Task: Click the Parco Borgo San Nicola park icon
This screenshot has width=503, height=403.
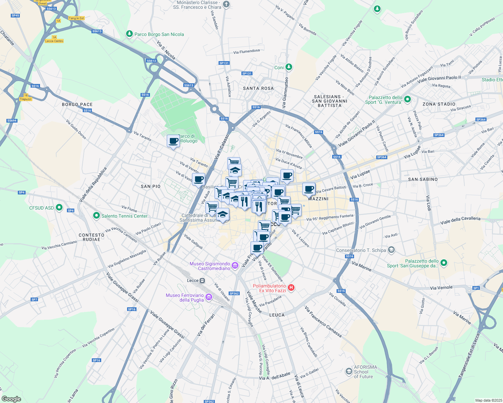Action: coord(129,34)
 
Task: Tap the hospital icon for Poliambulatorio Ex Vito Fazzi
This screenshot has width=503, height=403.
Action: coord(291,288)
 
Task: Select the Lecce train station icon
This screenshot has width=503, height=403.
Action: coord(202,280)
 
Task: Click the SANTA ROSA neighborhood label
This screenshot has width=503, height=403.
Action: coord(258,88)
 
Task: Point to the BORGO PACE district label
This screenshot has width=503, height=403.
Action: coord(77,104)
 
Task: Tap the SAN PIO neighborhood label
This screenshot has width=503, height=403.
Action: coord(151,186)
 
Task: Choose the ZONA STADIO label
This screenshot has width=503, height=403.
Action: coord(439,104)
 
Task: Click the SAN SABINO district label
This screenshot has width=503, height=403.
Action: coord(423,179)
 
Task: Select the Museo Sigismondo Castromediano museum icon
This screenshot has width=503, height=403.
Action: coord(235,266)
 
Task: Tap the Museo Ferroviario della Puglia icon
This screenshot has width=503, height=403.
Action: coord(209,297)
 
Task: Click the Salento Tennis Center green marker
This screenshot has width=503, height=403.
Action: coord(96,216)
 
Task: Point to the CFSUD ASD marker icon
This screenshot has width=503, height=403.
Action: coord(59,208)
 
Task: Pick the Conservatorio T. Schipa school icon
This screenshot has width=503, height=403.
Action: coord(391,250)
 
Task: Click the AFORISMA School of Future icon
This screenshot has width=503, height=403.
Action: coord(349,371)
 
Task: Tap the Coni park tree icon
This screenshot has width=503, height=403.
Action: coord(288,67)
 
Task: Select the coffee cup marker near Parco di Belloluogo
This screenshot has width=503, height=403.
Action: coord(173,141)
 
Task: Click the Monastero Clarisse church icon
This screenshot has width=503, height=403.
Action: coord(226,4)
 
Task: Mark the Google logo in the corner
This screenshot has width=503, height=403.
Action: coord(11,399)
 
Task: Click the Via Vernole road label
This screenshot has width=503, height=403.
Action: coord(441,288)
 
